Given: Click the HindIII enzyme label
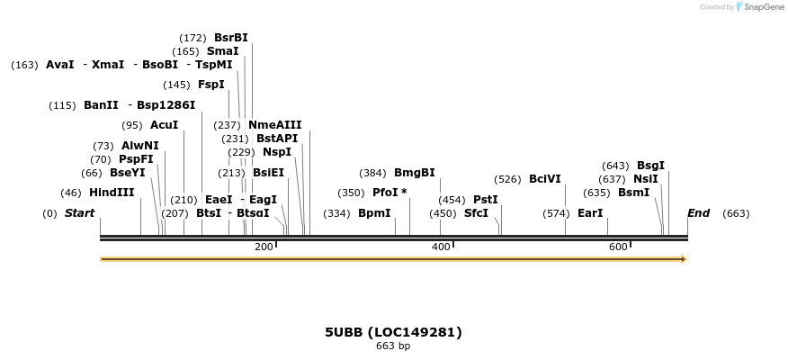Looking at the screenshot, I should point(112,193).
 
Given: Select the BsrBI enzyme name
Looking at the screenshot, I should point(230,38).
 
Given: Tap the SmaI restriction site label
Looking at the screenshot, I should point(222,51).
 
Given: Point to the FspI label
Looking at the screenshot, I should point(210,85).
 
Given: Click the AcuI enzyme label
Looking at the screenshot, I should point(164,125).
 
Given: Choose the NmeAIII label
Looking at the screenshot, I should point(274,125).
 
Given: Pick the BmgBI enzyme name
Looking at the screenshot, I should point(414,173).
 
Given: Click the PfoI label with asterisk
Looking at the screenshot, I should point(390,193).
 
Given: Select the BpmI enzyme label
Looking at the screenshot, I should point(374,213).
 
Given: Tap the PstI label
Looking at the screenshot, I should point(485,200).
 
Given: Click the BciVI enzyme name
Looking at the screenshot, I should point(544,179).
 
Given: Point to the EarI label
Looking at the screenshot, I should point(590,213).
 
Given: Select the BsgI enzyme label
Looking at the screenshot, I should point(650,166).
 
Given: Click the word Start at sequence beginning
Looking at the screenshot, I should point(79,213).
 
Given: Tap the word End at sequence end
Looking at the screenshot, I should point(698,213).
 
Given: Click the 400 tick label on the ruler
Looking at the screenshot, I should point(441,247).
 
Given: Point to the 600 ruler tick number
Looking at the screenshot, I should point(617,247).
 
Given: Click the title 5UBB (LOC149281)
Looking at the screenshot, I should point(393,332).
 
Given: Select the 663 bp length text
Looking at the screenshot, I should point(393,346).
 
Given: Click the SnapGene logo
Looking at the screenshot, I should point(760,7).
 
